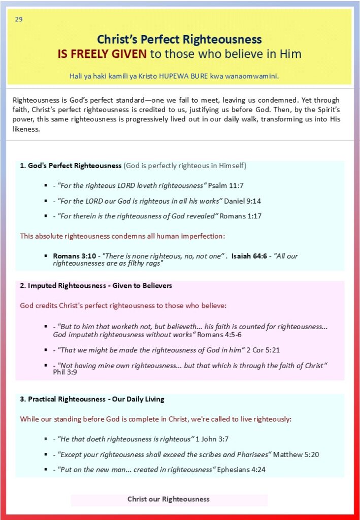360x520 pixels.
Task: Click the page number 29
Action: [x=19, y=20]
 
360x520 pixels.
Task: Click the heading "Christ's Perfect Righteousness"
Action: [x=179, y=39]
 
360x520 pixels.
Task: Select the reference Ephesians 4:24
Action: [x=241, y=470]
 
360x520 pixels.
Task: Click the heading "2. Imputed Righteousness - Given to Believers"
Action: [x=96, y=286]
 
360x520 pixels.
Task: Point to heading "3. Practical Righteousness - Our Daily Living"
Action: [x=92, y=399]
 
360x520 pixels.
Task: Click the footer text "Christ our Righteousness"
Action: [x=169, y=499]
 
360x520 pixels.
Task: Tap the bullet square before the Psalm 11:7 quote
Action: [x=46, y=186]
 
